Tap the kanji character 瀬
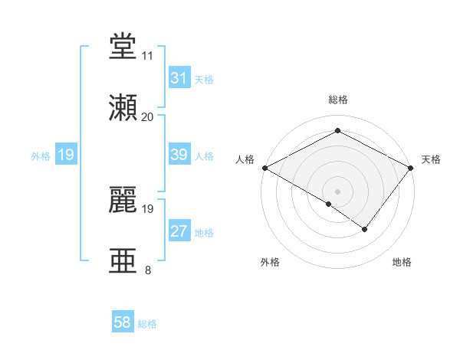pyautogui.click(x=123, y=108)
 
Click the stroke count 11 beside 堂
pyautogui.click(x=147, y=56)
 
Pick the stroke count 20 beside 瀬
pyautogui.click(x=147, y=116)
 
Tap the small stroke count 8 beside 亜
pyautogui.click(x=147, y=270)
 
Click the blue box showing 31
pyautogui.click(x=179, y=78)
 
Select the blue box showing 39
pyautogui.click(x=179, y=155)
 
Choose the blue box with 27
pyautogui.click(x=179, y=231)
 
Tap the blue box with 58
pyautogui.click(x=123, y=323)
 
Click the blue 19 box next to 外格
pyautogui.click(x=65, y=155)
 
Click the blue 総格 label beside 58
pyautogui.click(x=147, y=324)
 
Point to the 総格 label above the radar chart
pyautogui.click(x=337, y=100)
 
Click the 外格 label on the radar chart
pyautogui.click(x=270, y=262)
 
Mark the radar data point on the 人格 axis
pyautogui.click(x=264, y=167)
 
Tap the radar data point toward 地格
pyautogui.click(x=365, y=229)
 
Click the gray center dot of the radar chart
pyautogui.click(x=337, y=191)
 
